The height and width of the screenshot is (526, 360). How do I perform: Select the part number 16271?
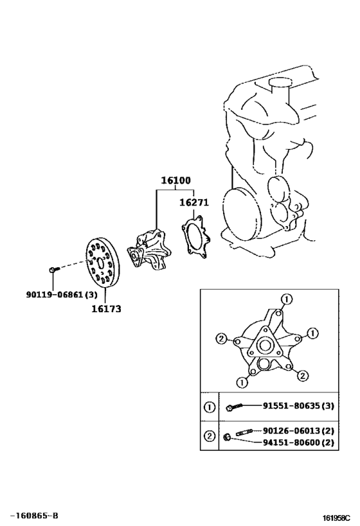(x=194, y=202)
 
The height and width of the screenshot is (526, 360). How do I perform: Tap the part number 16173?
(x=105, y=308)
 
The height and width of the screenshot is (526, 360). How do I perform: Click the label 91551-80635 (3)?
(x=298, y=406)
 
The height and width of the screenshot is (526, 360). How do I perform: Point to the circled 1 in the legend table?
(x=210, y=406)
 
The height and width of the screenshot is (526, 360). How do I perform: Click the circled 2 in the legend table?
(x=210, y=436)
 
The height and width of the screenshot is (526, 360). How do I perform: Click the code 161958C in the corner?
(x=337, y=516)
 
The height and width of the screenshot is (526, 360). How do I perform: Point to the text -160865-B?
(x=34, y=515)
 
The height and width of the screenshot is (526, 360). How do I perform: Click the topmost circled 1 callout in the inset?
(x=287, y=299)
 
